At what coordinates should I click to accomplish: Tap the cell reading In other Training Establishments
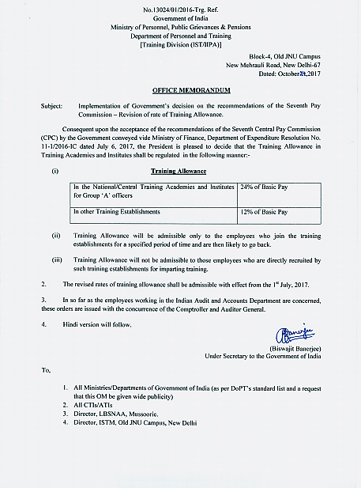116,213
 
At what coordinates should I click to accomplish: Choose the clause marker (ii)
55,235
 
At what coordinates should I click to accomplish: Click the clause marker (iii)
56,258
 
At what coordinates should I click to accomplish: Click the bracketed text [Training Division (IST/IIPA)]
179,44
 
